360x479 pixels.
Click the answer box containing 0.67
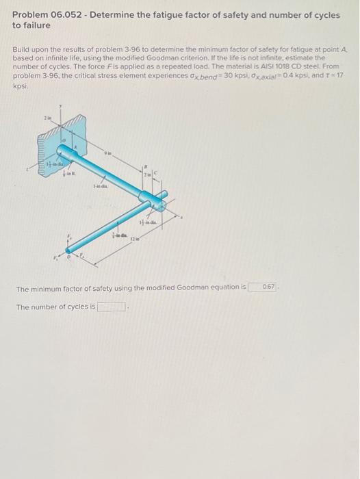tap(262, 287)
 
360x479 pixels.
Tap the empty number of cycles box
tap(112, 307)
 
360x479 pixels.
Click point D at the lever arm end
tap(66, 259)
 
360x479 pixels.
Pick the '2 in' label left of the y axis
tap(46, 118)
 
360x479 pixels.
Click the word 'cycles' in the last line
tap(71, 307)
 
